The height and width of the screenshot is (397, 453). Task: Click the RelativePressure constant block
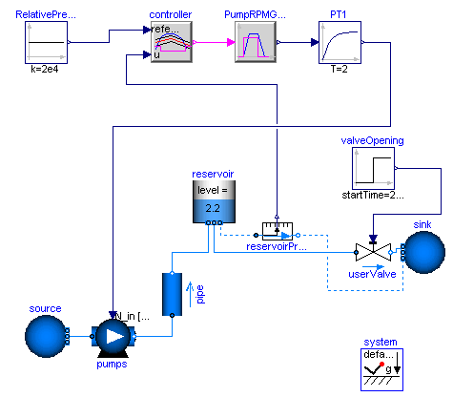(46, 44)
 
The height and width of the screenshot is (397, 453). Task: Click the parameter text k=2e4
(45, 75)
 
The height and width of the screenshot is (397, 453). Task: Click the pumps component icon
(113, 337)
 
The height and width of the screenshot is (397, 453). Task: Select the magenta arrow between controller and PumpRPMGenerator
(216, 44)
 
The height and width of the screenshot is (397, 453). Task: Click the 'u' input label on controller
(157, 55)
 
